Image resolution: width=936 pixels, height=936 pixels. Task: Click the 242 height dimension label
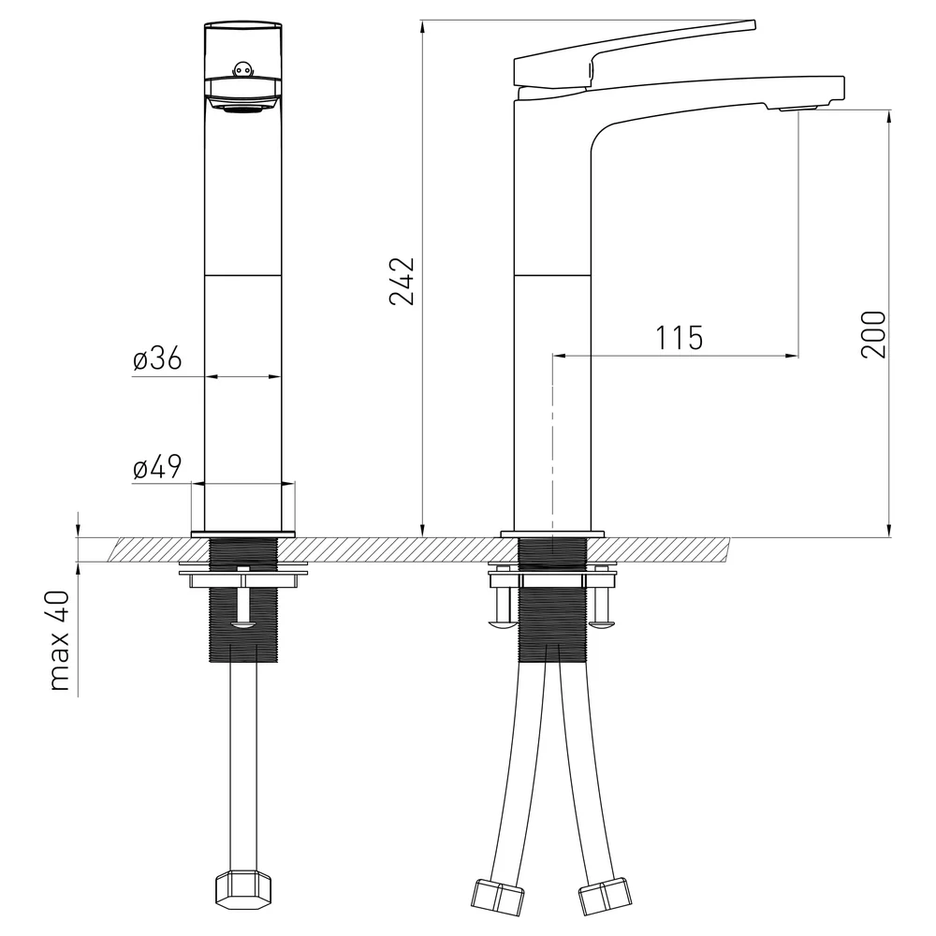pos(402,281)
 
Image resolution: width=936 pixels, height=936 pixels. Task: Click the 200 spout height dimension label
pos(873,334)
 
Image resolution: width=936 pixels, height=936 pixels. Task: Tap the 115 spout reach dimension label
pos(680,339)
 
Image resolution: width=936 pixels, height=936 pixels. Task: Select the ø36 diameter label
pos(157,358)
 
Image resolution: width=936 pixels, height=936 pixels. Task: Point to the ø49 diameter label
pos(157,466)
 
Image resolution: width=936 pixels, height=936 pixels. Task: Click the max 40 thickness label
pos(60,640)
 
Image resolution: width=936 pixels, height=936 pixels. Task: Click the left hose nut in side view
pos(497,897)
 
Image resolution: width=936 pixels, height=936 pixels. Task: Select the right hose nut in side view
pos(604,897)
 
